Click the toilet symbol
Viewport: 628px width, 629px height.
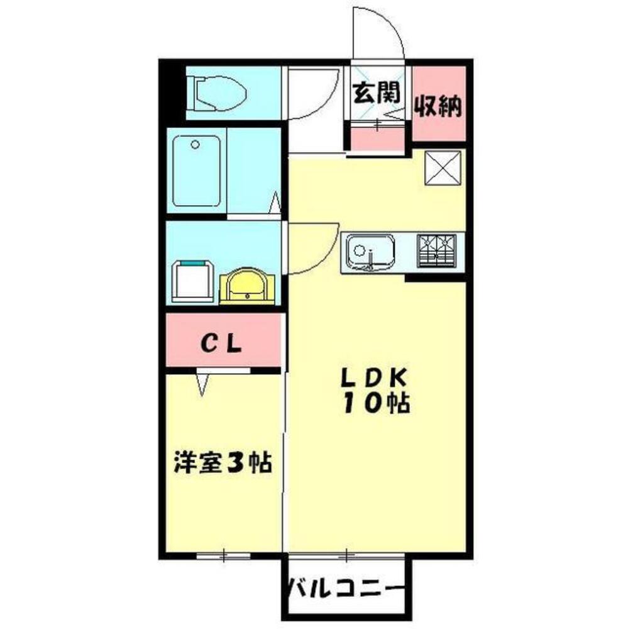pos(217,95)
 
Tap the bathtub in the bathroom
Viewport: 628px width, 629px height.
pos(196,170)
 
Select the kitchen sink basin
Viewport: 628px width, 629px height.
pos(370,252)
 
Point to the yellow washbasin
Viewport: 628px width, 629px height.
pos(247,286)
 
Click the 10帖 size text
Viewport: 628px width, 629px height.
pos(377,403)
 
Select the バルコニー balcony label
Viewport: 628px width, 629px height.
pos(345,589)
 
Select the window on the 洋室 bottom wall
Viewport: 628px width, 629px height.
pos(223,555)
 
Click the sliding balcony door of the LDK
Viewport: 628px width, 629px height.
pos(346,555)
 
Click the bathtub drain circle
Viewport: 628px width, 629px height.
pos(196,145)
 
